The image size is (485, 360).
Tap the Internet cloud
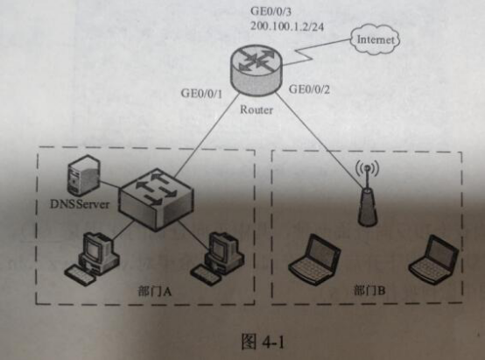tap(376, 39)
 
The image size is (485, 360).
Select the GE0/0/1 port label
tap(201, 93)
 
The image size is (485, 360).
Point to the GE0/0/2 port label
tap(309, 89)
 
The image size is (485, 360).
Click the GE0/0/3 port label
tap(271, 11)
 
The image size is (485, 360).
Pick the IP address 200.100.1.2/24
tap(287, 26)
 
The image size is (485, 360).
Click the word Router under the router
tap(257, 109)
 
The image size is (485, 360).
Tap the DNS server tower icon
tap(83, 174)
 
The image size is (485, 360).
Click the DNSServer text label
tap(80, 204)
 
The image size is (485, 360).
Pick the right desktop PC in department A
tap(217, 259)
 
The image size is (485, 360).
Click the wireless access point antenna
tap(368, 193)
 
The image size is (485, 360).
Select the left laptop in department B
tap(315, 259)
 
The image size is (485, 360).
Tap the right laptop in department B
tap(434, 259)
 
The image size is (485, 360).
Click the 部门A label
tap(154, 292)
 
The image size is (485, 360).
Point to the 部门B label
tap(369, 291)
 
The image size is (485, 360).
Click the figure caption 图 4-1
tap(263, 342)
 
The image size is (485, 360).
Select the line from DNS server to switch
tap(109, 184)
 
